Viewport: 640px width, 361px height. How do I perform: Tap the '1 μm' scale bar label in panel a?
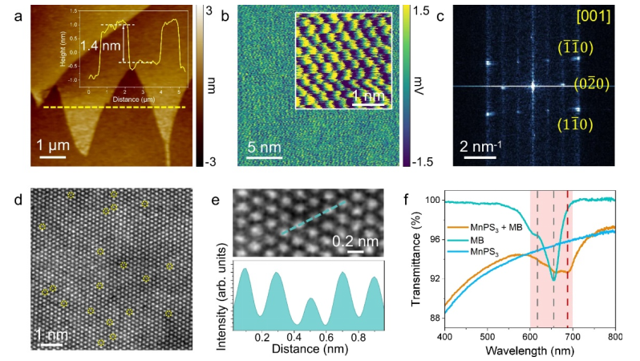click(59, 144)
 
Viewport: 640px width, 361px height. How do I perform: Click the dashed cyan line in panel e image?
click(314, 217)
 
